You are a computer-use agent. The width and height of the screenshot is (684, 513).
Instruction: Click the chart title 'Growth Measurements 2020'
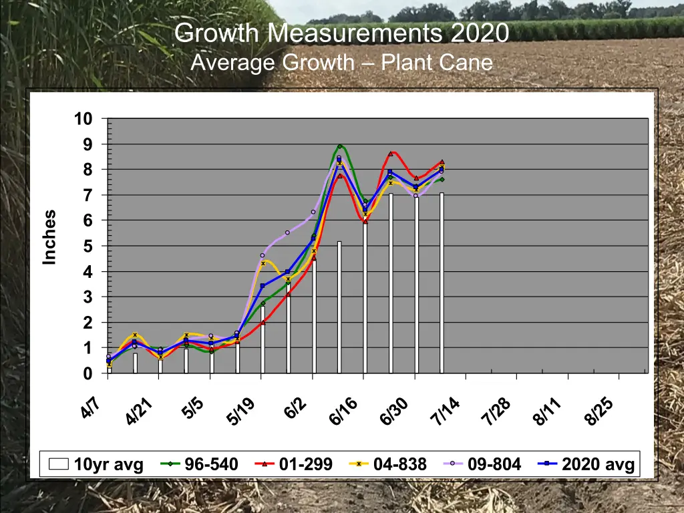(x=341, y=32)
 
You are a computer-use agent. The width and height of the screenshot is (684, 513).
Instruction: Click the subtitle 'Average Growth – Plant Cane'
(x=341, y=63)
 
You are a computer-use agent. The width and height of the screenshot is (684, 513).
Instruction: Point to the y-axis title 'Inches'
(x=49, y=237)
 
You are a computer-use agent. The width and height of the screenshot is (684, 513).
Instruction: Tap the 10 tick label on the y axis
(x=83, y=119)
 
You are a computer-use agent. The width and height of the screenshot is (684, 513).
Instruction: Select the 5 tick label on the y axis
(x=88, y=246)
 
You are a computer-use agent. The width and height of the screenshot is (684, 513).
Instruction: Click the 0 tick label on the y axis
(x=88, y=374)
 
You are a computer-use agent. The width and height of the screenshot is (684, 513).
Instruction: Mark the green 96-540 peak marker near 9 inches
(x=339, y=146)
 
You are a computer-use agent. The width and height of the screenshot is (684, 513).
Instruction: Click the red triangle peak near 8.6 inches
(x=391, y=154)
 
